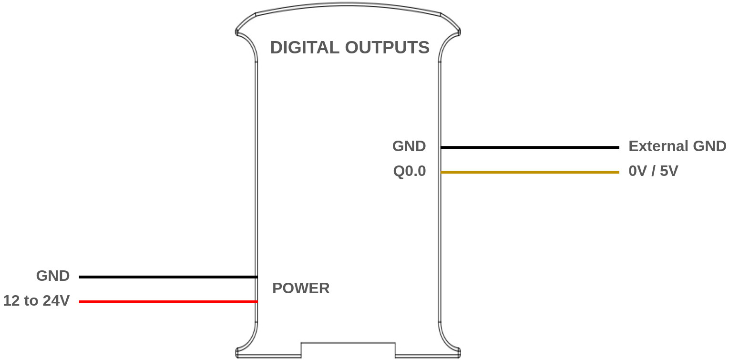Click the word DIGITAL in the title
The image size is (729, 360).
coord(305,48)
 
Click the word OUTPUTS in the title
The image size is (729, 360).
coord(387,48)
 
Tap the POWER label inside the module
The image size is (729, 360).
coord(300,288)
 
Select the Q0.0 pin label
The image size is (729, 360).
coord(409,171)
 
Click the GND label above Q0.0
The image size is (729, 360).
coord(409,146)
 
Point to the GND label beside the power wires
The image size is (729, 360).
coord(52,276)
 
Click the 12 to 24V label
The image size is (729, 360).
coord(36,301)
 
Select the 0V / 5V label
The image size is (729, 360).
coord(653,171)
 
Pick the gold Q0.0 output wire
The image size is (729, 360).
coord(529,172)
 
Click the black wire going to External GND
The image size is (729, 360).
coord(529,148)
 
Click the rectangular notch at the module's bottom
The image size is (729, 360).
coord(348,350)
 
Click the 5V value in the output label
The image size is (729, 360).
coord(668,171)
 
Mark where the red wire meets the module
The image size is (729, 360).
coord(257,302)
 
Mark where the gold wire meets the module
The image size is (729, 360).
coord(441,172)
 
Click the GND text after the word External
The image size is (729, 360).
coord(709,146)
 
